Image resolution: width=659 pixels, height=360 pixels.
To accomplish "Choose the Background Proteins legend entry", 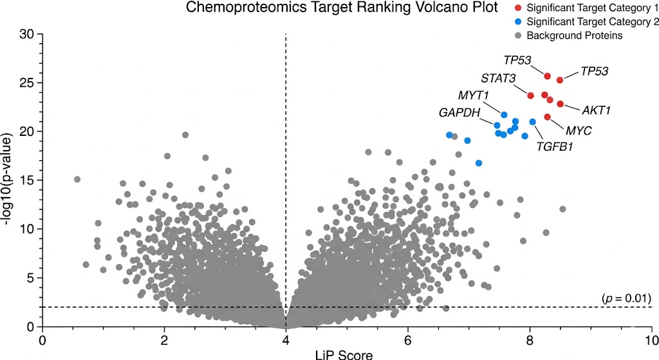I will coord(575,35).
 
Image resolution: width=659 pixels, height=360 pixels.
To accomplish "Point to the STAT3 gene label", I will coord(497,79).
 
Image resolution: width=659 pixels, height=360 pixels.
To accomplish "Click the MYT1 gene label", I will coord(474,96).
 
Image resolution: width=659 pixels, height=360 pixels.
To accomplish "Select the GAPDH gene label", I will coord(459,113).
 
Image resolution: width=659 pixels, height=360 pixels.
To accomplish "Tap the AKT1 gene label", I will coord(596,110).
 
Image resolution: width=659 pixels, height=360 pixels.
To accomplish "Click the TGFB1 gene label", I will coord(555,146).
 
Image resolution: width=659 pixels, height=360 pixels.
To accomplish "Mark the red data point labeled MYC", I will coord(548,117).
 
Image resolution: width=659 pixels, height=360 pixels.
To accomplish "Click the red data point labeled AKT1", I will coord(560,104).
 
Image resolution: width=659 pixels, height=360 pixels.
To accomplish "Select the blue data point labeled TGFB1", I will coord(532,122).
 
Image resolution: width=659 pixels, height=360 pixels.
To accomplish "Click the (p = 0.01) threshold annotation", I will coord(627,298).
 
